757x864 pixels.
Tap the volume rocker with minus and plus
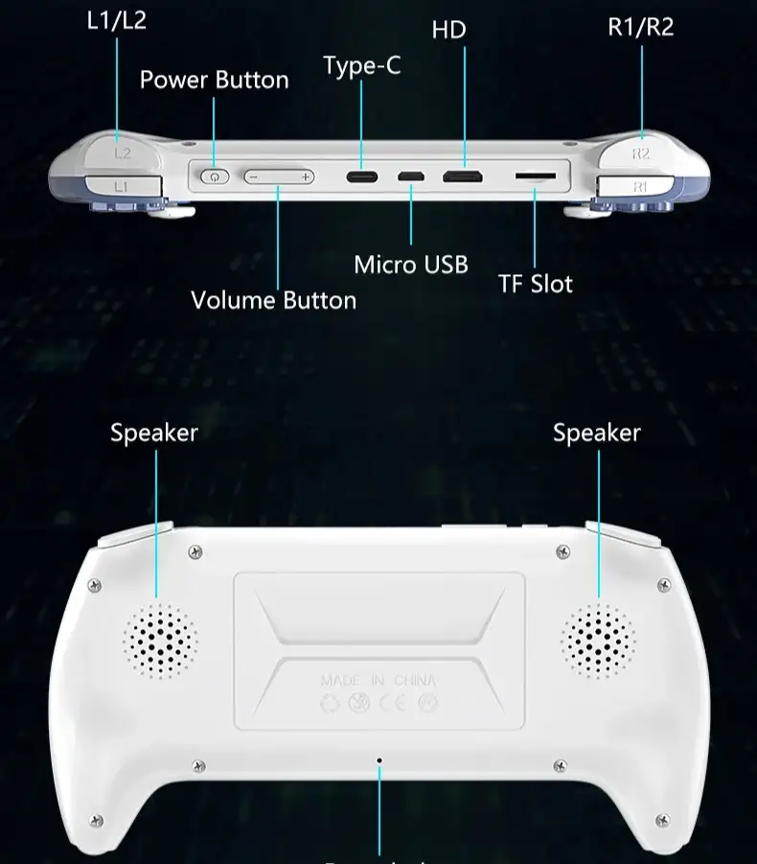tap(279, 176)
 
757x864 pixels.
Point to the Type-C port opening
tap(362, 177)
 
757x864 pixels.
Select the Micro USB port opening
tap(412, 177)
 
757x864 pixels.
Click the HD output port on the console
tap(462, 177)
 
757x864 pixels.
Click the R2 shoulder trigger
tap(640, 152)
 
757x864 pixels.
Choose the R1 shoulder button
tap(640, 186)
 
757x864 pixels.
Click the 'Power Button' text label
tap(214, 80)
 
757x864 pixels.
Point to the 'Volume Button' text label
tap(273, 300)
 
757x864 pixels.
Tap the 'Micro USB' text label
tap(411, 265)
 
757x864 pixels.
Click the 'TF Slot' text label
tap(535, 284)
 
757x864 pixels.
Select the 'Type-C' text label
tap(361, 65)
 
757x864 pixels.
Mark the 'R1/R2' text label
tap(641, 27)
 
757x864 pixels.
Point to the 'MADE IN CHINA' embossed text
tap(378, 681)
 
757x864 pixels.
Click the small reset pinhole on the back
tap(379, 760)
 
